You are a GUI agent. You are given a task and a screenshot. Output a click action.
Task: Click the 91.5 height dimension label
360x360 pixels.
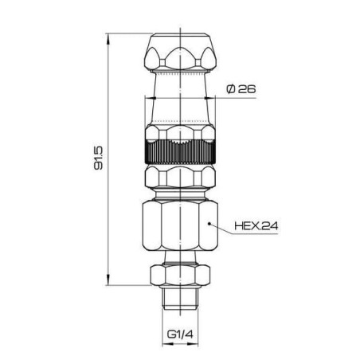pyautogui.click(x=98, y=158)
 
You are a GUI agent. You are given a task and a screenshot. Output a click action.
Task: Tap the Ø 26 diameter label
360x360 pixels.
pyautogui.click(x=241, y=89)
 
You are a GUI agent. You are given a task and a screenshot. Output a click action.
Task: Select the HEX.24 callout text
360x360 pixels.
pyautogui.click(x=256, y=226)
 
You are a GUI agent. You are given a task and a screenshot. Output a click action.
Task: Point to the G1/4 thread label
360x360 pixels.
pyautogui.click(x=180, y=334)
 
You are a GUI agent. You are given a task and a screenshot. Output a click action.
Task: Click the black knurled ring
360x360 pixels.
pyautogui.click(x=180, y=151)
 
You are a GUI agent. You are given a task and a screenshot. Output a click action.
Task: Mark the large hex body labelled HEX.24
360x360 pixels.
pyautogui.click(x=180, y=225)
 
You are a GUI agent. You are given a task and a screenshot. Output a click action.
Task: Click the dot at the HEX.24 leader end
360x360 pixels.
pyautogui.click(x=209, y=224)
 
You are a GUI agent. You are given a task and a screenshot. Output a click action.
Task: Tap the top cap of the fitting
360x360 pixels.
pyautogui.click(x=180, y=53)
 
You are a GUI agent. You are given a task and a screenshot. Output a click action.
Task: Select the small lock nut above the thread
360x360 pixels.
pyautogui.click(x=180, y=275)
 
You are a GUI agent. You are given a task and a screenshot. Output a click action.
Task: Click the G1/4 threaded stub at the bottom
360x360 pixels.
pyautogui.click(x=180, y=299)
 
